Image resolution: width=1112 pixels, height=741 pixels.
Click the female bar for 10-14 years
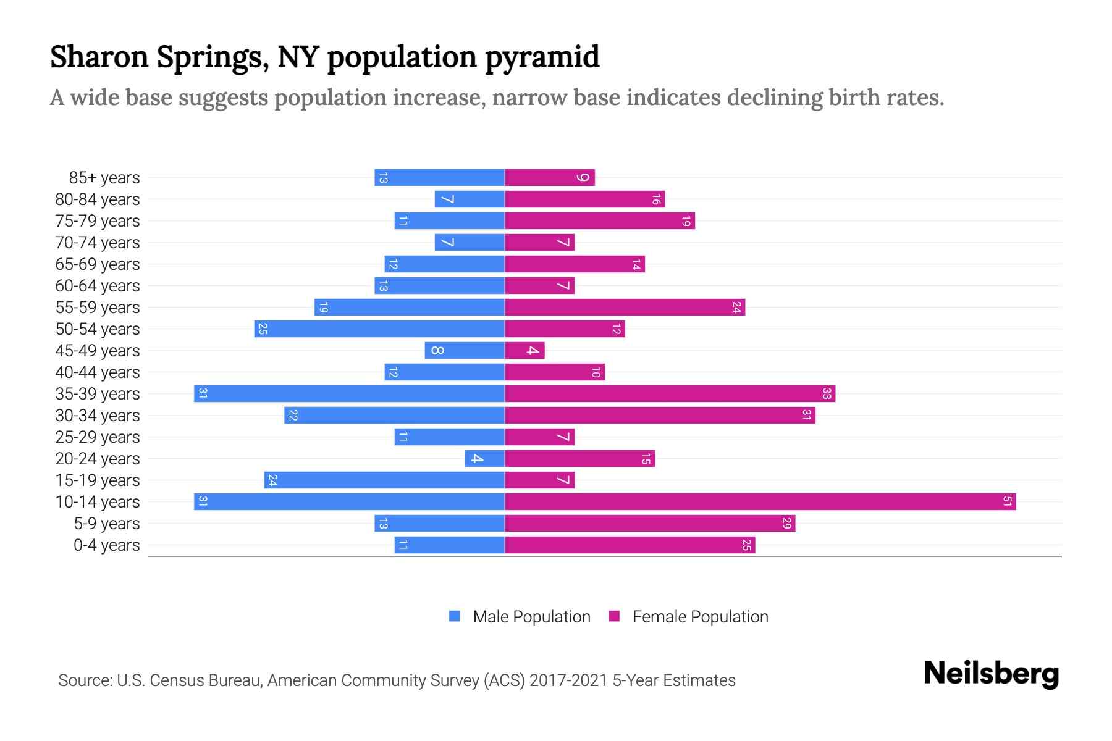(x=760, y=501)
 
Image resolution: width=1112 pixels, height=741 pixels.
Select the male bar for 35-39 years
(x=349, y=393)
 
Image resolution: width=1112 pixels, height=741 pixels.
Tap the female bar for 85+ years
(x=550, y=177)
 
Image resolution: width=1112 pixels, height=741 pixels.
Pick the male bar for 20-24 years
(x=485, y=458)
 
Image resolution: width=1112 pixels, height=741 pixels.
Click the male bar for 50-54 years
(x=379, y=329)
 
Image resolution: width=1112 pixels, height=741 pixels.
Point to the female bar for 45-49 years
(x=524, y=350)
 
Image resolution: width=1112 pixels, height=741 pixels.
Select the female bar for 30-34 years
(x=660, y=415)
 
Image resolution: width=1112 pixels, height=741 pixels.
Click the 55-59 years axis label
(x=98, y=308)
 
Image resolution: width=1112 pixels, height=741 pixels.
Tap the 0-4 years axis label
(x=106, y=545)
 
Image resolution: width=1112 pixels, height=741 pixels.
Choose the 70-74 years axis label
(x=98, y=243)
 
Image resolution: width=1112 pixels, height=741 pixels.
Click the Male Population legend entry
(x=531, y=616)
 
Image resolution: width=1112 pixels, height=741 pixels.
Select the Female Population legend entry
(x=699, y=616)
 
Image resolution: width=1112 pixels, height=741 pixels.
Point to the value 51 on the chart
(x=1007, y=501)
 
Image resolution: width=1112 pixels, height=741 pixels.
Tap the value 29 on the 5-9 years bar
(x=786, y=523)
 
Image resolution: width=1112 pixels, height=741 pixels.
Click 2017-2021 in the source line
(x=568, y=680)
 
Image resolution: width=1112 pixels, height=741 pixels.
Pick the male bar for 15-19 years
(x=384, y=480)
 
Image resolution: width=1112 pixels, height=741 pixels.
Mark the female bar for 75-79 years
(x=600, y=220)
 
